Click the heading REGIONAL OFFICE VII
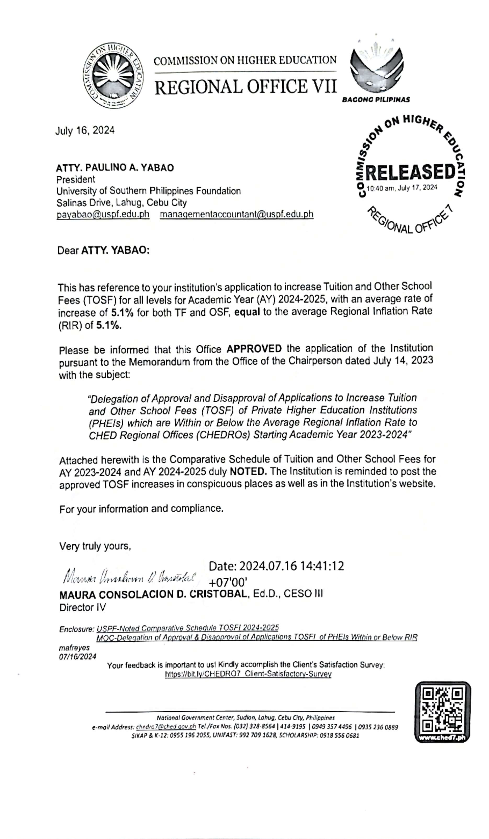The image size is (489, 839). [245, 87]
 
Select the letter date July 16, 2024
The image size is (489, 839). [85, 130]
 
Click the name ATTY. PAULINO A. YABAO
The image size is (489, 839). [115, 168]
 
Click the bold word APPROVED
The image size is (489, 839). [254, 349]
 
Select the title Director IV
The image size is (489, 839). [83, 608]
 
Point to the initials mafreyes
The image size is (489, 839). [74, 648]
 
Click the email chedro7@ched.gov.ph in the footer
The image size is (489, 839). [166, 727]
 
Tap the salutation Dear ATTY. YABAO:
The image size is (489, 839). [103, 250]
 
